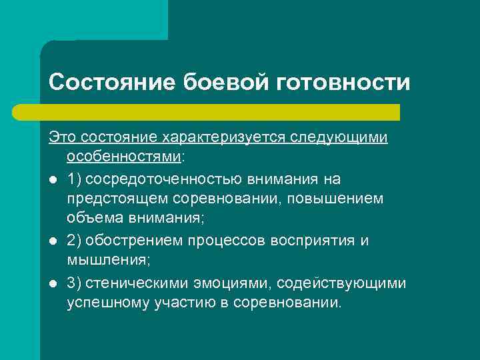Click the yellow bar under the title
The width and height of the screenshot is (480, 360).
(x=224, y=112)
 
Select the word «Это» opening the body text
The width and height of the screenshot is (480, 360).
(x=61, y=137)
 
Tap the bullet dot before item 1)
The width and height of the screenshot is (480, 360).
(x=52, y=179)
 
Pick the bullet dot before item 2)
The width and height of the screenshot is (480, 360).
(x=52, y=241)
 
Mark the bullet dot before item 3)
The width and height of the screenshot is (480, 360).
(x=52, y=283)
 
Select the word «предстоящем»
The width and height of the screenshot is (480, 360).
(x=110, y=199)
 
